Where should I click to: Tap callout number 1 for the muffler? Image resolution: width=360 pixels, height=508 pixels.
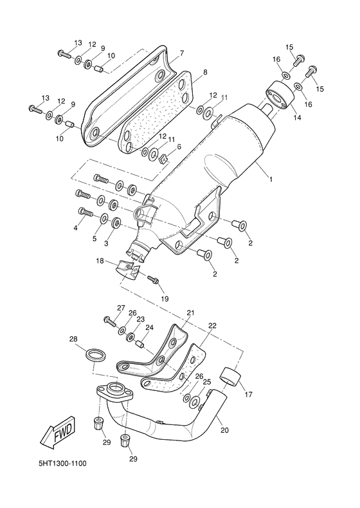tap(271, 179)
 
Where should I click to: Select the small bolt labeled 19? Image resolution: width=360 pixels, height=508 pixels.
tap(154, 281)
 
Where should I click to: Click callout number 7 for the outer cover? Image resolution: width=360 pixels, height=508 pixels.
tap(182, 53)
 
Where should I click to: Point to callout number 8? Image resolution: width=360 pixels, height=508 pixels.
tap(204, 73)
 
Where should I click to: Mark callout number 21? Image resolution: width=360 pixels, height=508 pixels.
tap(190, 313)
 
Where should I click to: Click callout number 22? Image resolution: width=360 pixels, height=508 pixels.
tap(212, 325)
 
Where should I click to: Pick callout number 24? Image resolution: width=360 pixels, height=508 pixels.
tap(149, 328)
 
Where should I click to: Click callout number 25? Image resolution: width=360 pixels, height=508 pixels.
tap(207, 382)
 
